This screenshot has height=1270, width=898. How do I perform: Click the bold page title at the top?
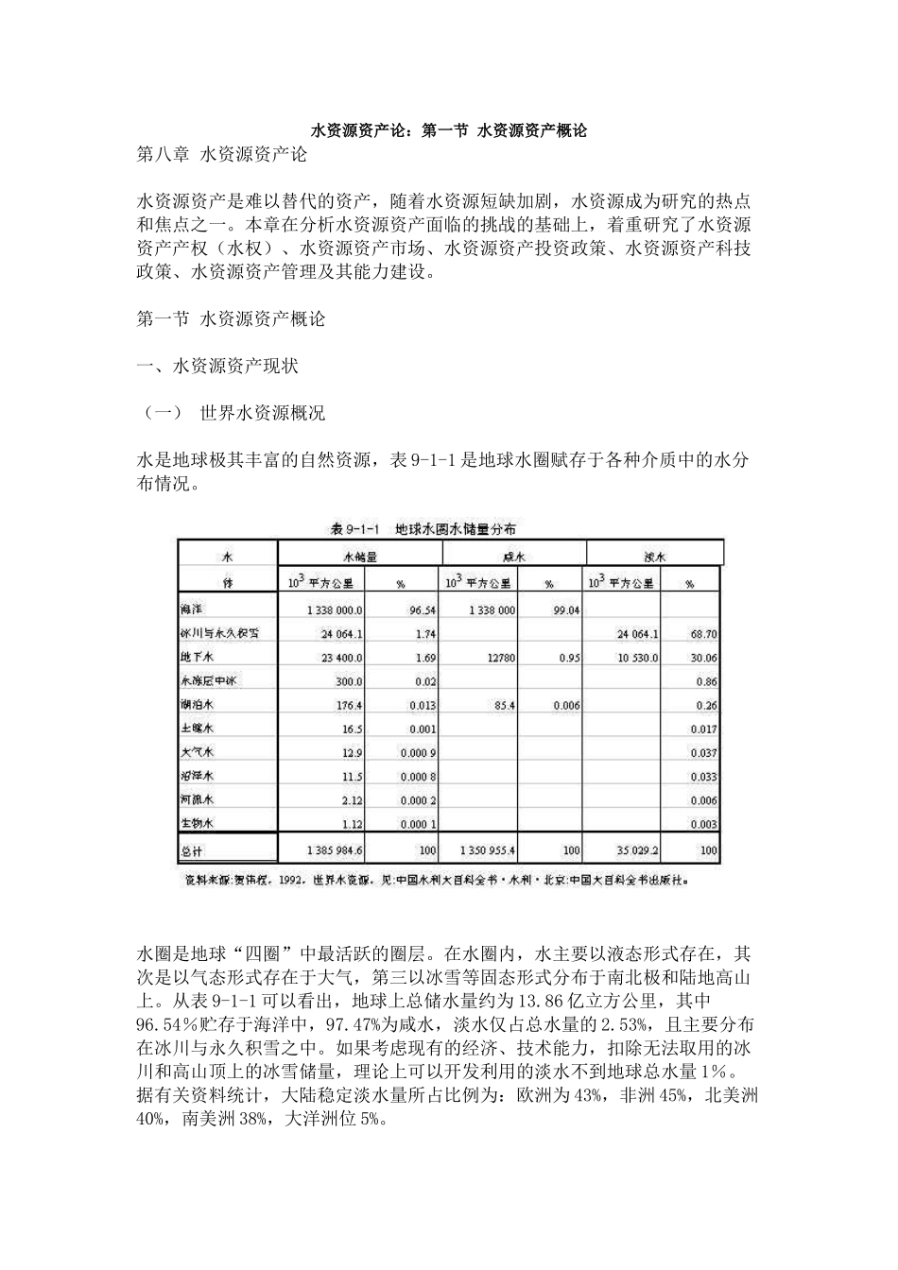click(449, 130)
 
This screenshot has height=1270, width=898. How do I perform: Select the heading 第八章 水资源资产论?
click(222, 154)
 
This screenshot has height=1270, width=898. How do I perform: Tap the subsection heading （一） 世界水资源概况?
click(232, 413)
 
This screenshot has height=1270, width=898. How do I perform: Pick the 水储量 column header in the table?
click(358, 558)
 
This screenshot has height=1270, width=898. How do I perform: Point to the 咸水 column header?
click(512, 558)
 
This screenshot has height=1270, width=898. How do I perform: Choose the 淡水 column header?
click(654, 558)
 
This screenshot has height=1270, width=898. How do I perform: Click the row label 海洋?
click(192, 610)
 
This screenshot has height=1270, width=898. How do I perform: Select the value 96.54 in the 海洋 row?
click(422, 611)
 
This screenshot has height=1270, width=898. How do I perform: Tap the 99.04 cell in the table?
click(566, 611)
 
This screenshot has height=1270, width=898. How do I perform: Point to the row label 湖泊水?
click(197, 705)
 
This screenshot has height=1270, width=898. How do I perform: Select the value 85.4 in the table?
click(503, 706)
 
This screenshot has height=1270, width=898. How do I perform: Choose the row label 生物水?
click(197, 824)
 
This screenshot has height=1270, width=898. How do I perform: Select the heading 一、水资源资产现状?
click(217, 366)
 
